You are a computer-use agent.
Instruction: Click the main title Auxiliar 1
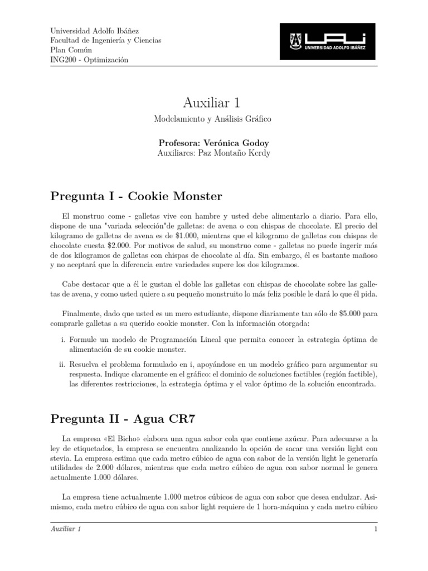point(213,103)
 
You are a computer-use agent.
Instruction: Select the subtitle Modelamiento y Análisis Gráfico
point(213,120)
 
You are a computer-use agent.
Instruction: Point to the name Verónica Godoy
point(234,142)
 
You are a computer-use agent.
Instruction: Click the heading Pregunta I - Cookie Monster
point(137,196)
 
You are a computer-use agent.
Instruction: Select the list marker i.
point(62,340)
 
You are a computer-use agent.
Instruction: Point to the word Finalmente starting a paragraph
point(81,313)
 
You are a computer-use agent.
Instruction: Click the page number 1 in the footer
point(376,529)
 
